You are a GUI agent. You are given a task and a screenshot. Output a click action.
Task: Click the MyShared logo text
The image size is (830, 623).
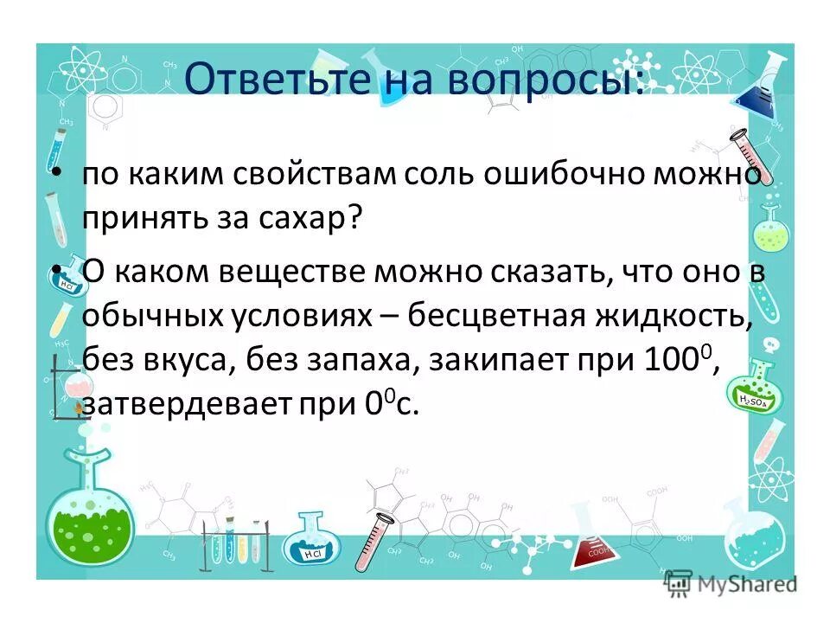point(744,584)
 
